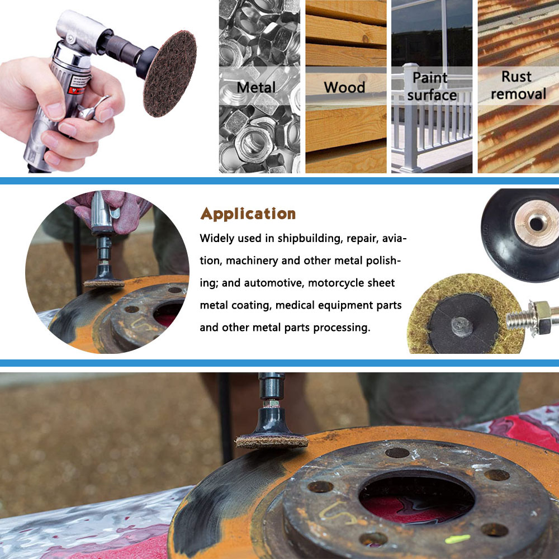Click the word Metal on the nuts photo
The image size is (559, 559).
pos(256,87)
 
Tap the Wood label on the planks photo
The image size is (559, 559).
pos(344,87)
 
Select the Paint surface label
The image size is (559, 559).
pos(432,86)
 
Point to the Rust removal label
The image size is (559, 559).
pos(518,85)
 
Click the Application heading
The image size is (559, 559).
pos(248,214)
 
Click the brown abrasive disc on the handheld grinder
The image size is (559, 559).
pos(170,74)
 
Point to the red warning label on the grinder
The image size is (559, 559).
pos(77,84)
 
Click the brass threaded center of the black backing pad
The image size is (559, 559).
pos(536,224)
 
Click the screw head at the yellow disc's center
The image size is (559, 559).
pos(462,326)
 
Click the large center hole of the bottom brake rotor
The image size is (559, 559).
pos(416,498)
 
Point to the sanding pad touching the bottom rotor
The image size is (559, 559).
pos(272,442)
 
